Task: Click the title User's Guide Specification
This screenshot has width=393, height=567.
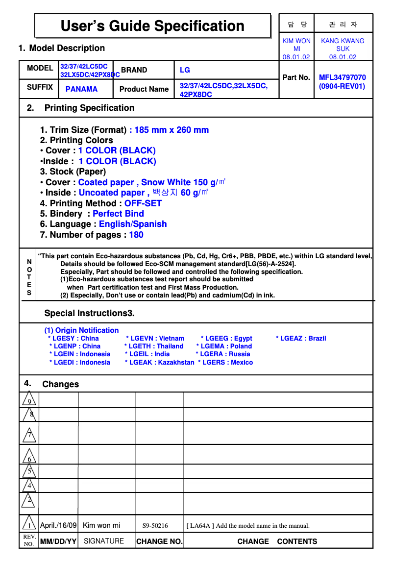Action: (152, 26)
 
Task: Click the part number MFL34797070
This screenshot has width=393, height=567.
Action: (342, 77)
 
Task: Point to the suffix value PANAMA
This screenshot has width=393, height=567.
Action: (81, 89)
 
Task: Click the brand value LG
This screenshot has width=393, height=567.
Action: (185, 70)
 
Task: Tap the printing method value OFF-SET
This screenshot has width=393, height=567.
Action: (143, 203)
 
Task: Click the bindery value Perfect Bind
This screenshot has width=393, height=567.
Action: (118, 214)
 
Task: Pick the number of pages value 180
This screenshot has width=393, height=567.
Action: (136, 235)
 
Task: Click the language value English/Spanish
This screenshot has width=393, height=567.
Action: (133, 224)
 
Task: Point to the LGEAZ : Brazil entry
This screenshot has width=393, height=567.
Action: (301, 338)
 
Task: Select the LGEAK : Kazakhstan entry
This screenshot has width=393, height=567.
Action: (160, 362)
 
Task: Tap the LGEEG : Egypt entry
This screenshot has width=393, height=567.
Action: (226, 338)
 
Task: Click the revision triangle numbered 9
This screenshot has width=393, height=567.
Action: (29, 400)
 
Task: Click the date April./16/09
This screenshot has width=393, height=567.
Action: (58, 525)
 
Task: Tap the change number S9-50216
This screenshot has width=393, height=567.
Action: (155, 526)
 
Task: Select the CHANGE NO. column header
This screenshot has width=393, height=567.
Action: (159, 542)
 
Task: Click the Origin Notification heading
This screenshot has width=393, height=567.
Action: (81, 330)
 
